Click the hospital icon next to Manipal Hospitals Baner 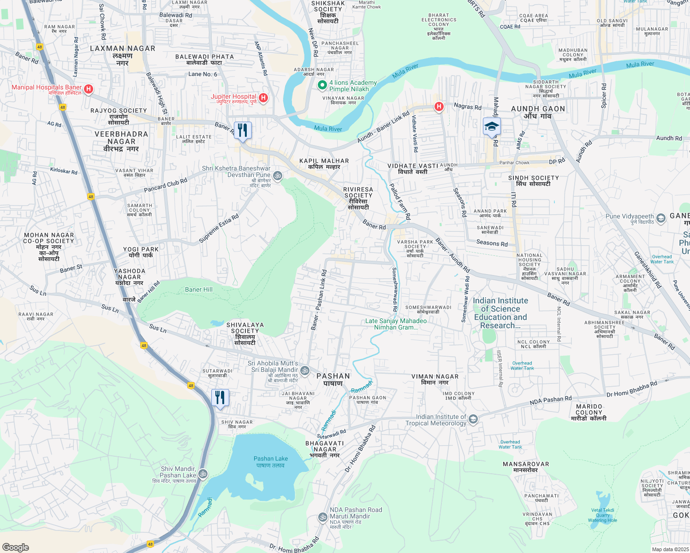pos(89,88)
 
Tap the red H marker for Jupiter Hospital pos(263,98)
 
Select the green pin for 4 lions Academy pos(322,85)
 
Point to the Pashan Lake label pos(271,459)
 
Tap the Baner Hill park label pos(199,289)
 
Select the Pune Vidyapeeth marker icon pos(660,218)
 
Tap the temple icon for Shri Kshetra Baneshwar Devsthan pos(278,176)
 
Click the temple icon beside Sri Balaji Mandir pos(304,371)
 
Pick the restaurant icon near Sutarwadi pos(220,398)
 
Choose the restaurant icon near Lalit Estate pos(243,130)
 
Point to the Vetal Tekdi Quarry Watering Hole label pos(602,515)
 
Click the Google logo pos(16,547)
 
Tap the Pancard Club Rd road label pos(166,185)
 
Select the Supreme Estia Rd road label pos(219,229)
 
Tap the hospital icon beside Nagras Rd pos(439,107)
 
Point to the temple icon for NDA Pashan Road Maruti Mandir pos(323,517)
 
